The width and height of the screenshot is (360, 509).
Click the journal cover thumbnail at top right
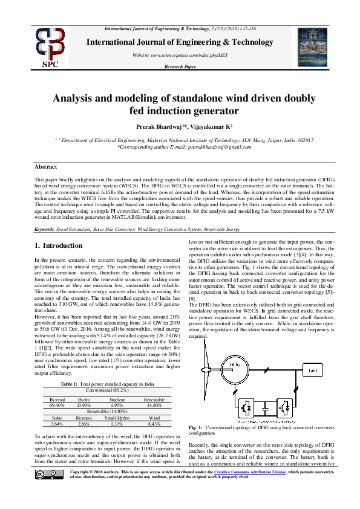pyautogui.click(x=313, y=45)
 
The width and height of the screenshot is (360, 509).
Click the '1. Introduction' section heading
pyautogui.click(x=58, y=246)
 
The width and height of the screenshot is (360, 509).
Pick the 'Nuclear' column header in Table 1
pyautogui.click(x=117, y=400)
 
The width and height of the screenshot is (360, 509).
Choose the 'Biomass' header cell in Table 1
pyautogui.click(x=84, y=418)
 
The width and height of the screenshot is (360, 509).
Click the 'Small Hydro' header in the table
pyautogui.click(x=118, y=418)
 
